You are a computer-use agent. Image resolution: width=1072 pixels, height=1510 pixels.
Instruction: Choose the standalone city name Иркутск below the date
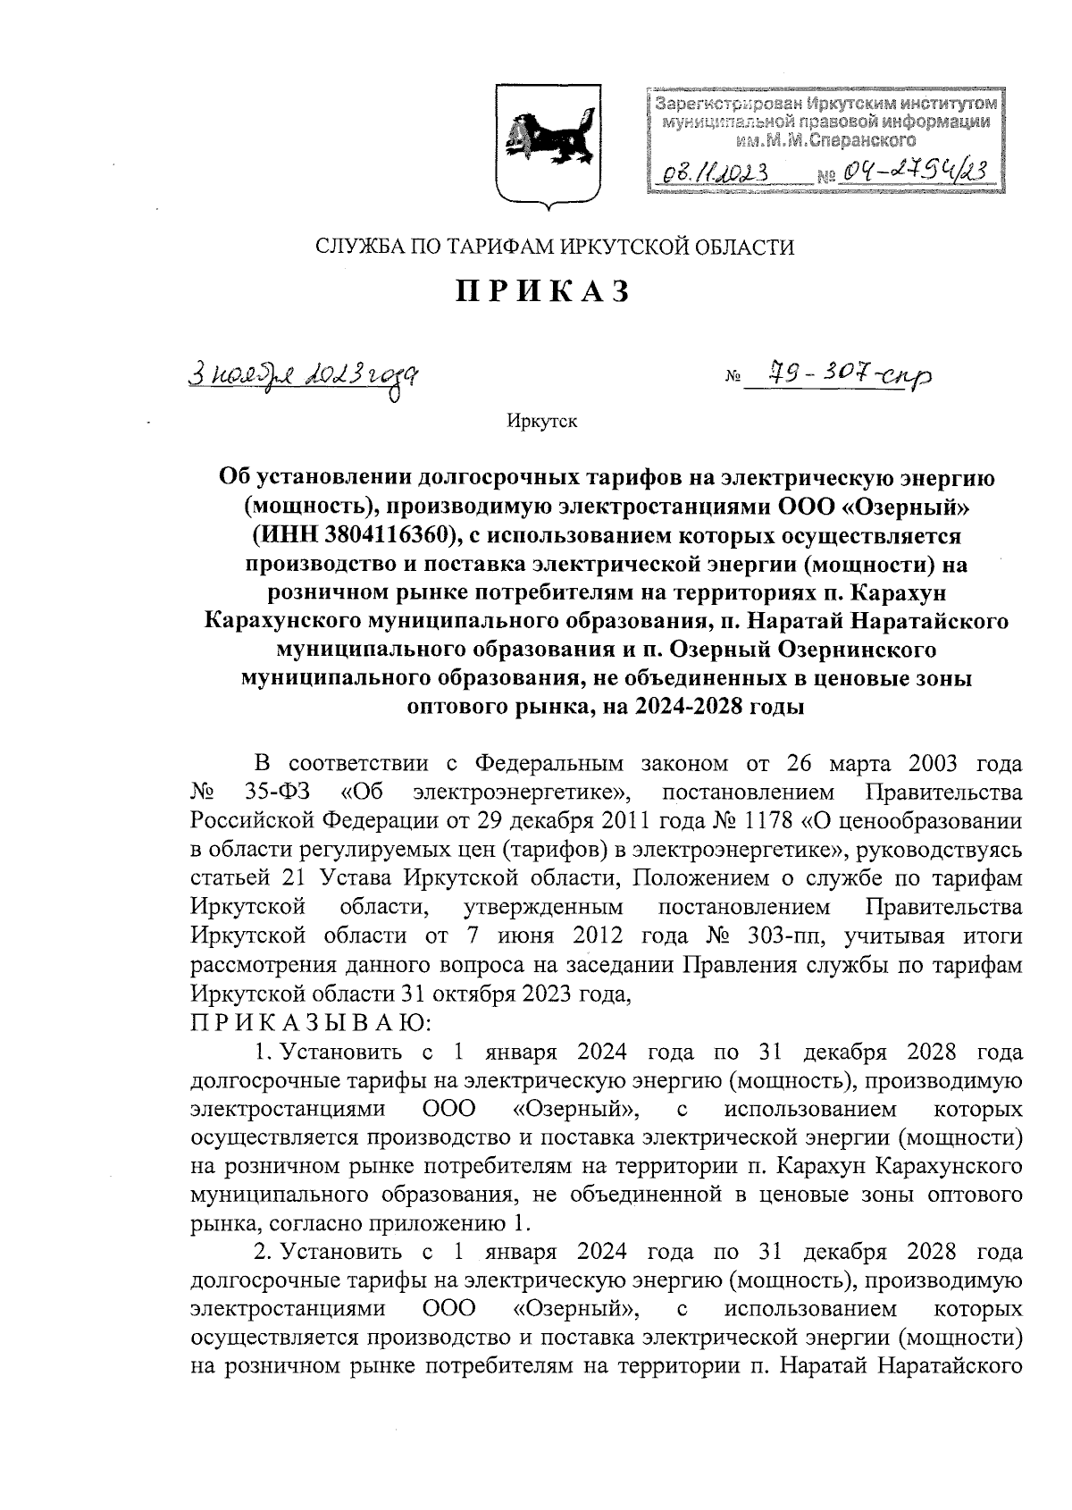click(x=541, y=422)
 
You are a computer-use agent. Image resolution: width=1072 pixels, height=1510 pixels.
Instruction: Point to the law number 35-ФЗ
click(x=272, y=792)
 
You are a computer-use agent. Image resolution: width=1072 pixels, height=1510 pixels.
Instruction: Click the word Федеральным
click(x=546, y=764)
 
